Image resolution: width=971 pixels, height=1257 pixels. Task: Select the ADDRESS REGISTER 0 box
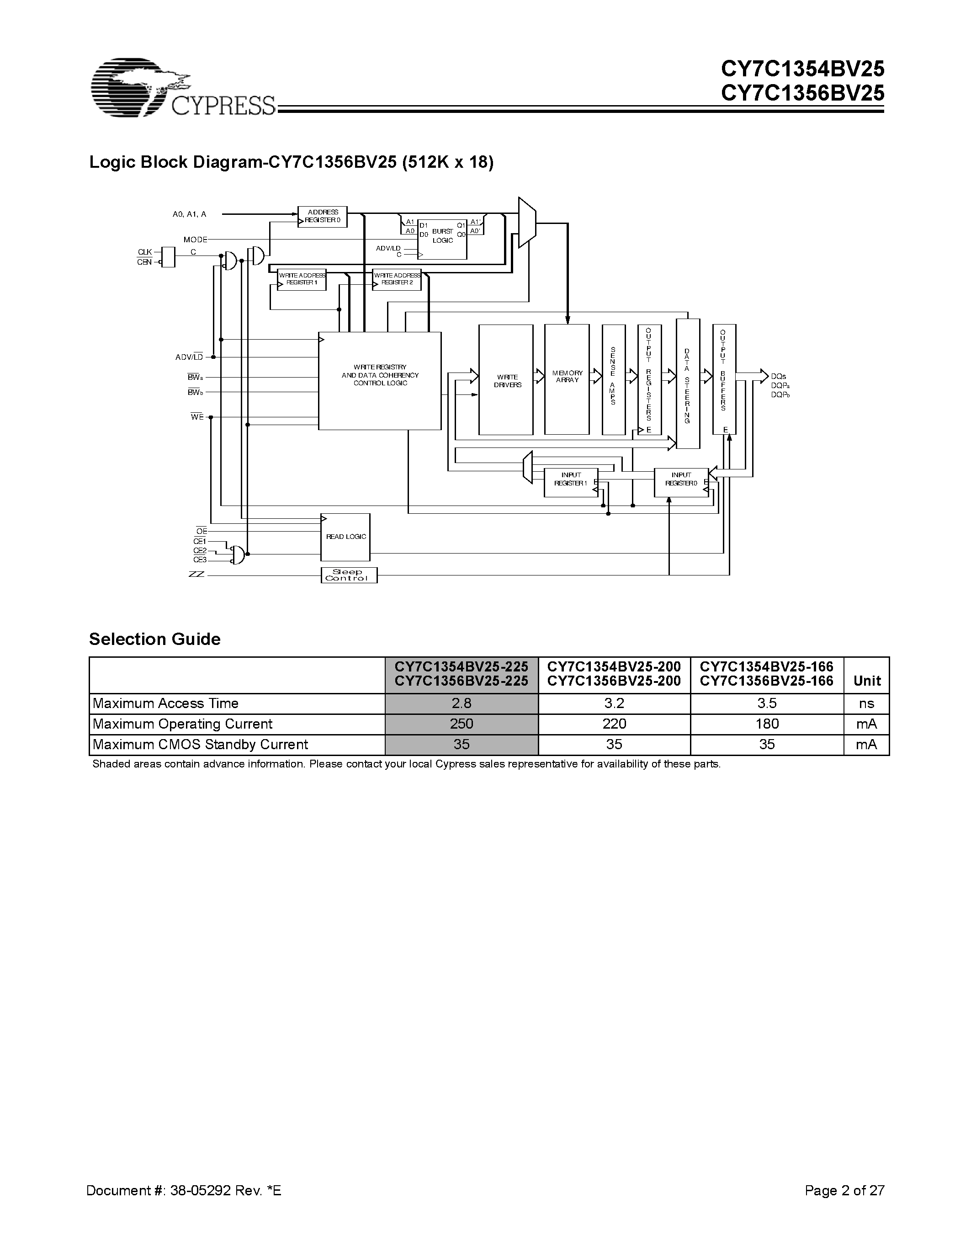click(x=322, y=216)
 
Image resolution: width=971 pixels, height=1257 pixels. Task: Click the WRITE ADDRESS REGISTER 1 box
click(x=302, y=280)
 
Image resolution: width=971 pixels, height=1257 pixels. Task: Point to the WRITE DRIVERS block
click(x=506, y=380)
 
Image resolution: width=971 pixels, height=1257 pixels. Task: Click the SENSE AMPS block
click(x=613, y=380)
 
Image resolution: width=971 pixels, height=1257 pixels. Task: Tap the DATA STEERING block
click(x=687, y=384)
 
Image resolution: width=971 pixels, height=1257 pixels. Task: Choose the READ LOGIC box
click(x=345, y=537)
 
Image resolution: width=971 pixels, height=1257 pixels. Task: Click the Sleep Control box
click(x=349, y=575)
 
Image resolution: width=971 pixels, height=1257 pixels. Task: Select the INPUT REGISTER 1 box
click(x=571, y=482)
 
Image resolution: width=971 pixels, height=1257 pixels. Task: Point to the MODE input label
click(x=195, y=240)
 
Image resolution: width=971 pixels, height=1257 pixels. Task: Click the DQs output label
click(x=778, y=376)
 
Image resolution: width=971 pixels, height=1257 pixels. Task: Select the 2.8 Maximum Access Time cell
click(x=462, y=703)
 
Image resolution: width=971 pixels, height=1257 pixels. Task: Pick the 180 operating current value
click(x=767, y=724)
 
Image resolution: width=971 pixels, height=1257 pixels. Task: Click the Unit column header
click(x=867, y=681)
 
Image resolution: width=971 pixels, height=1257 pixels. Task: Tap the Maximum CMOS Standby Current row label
click(x=200, y=745)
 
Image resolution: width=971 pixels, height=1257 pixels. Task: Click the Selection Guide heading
click(x=155, y=639)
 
